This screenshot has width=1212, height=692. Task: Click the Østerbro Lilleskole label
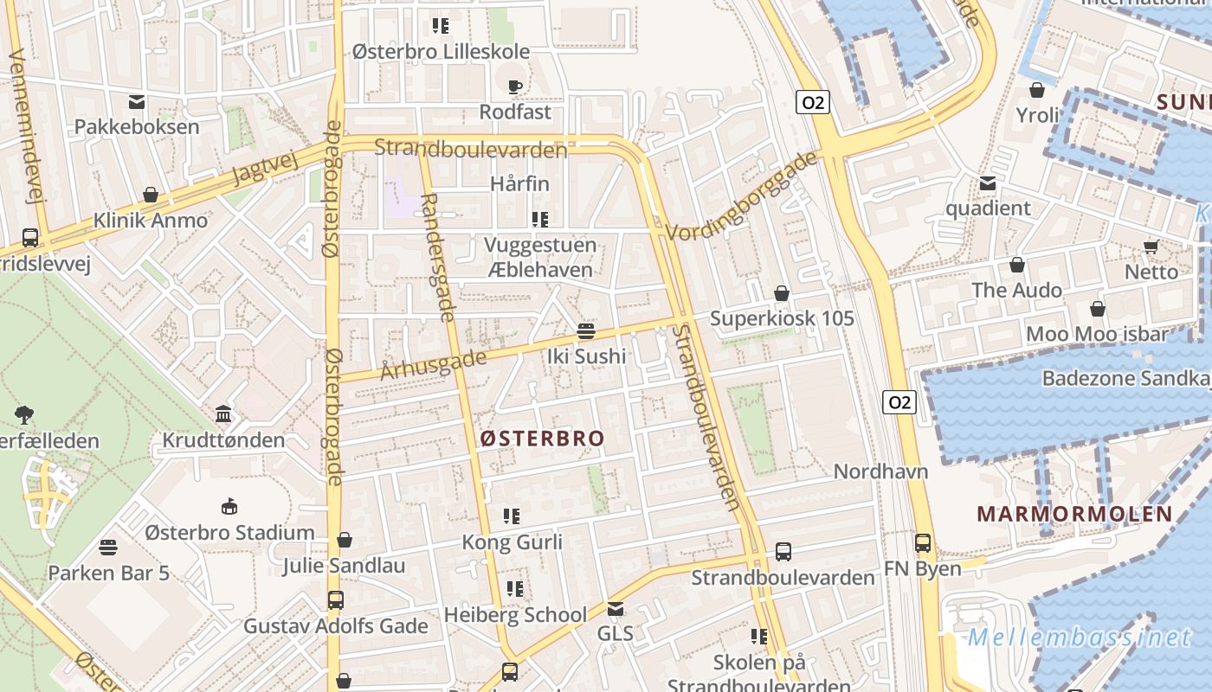tap(441, 51)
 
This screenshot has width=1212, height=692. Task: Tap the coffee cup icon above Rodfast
tap(514, 86)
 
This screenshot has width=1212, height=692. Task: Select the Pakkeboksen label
tap(137, 126)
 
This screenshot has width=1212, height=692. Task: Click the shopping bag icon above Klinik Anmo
tap(151, 195)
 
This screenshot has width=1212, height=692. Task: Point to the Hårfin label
tap(519, 183)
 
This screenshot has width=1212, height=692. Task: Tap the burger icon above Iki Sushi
tap(586, 330)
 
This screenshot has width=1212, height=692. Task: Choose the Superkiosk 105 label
tap(782, 318)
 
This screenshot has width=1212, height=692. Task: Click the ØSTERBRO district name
tap(543, 439)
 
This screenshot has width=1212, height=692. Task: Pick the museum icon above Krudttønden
tap(223, 414)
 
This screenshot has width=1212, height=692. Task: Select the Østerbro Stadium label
tap(229, 532)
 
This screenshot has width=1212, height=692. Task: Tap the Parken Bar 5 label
tap(108, 573)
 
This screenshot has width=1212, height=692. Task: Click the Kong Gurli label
tap(512, 542)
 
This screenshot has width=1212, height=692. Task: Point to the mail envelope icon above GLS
tap(616, 609)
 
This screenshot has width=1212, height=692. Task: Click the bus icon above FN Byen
tap(923, 543)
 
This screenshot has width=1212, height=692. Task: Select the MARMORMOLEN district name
tap(1074, 514)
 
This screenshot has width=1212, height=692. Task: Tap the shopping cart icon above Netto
tap(1151, 247)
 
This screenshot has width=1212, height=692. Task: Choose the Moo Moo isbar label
tap(1097, 334)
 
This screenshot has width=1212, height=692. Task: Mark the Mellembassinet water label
tap(1080, 638)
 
